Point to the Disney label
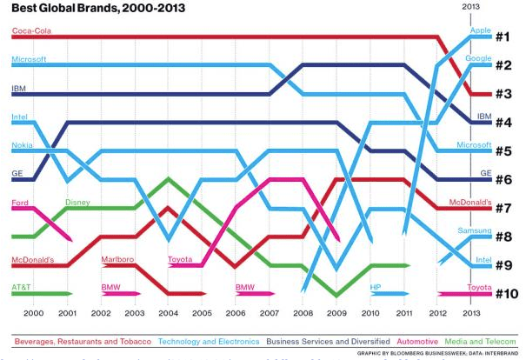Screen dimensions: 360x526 tap(77, 203)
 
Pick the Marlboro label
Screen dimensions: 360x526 tap(117, 259)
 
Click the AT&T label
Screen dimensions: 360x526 tap(22, 287)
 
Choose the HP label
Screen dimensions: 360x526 tap(376, 287)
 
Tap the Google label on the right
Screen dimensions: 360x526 tap(478, 59)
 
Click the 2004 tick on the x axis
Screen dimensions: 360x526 tap(168, 312)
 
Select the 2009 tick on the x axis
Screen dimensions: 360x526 tap(337, 312)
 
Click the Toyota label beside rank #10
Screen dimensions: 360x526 tap(480, 287)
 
